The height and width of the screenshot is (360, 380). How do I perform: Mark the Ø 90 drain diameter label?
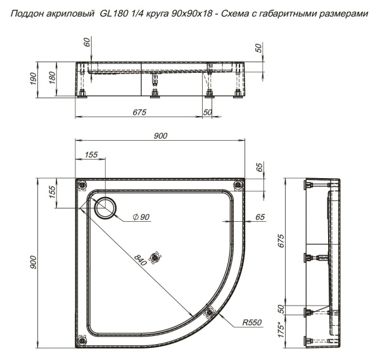click(141, 217)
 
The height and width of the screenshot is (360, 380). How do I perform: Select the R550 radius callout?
click(252, 323)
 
